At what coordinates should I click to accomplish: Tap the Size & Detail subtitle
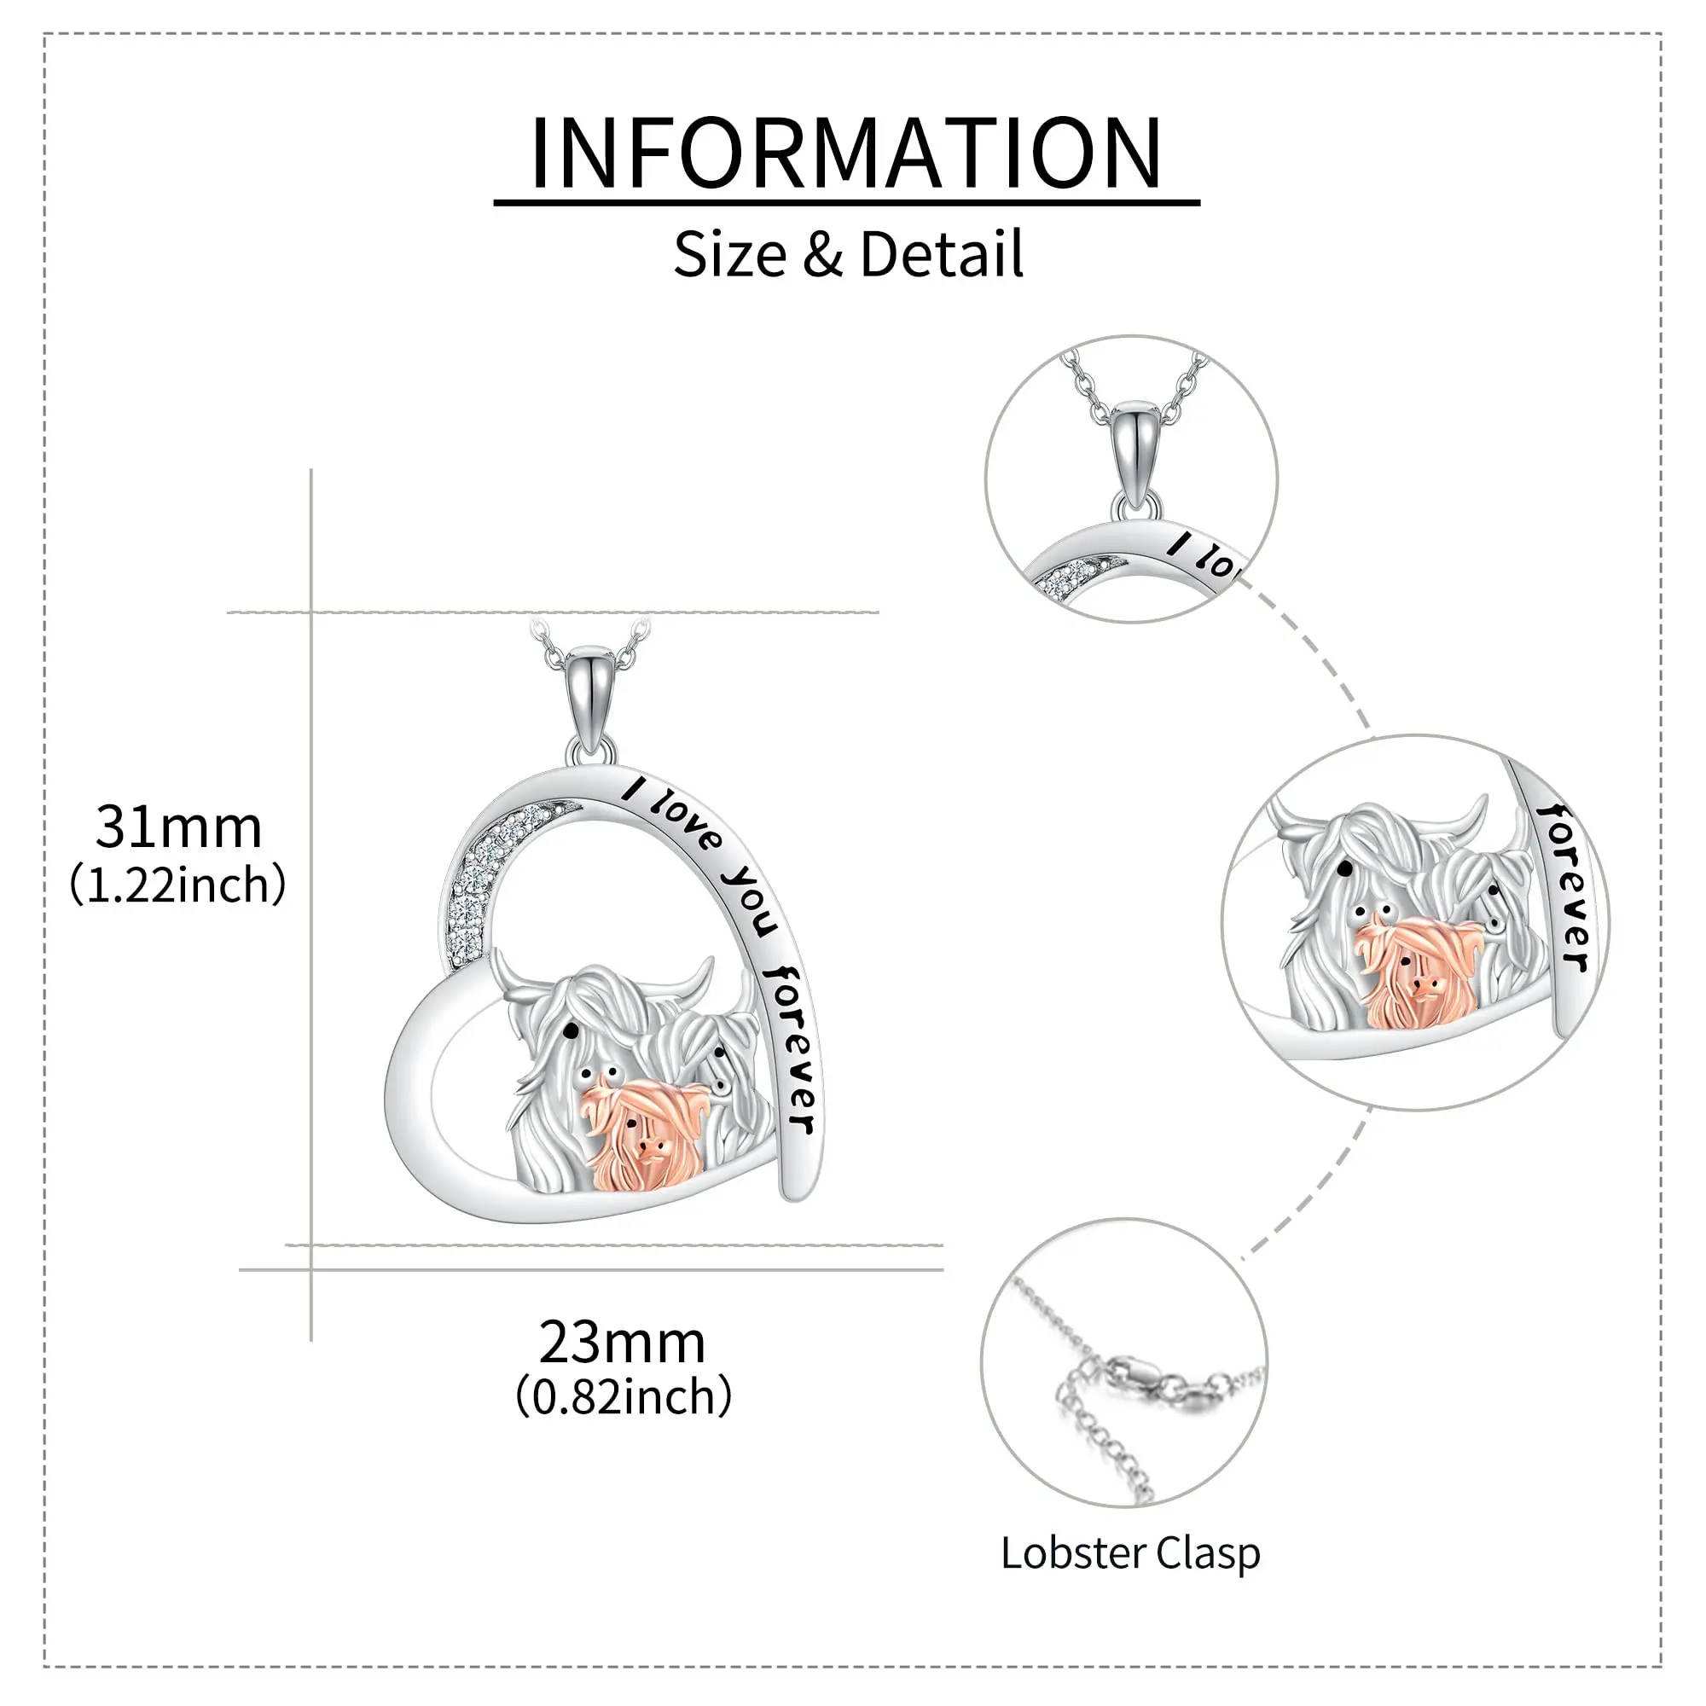(x=848, y=254)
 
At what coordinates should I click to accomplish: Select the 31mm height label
(x=178, y=827)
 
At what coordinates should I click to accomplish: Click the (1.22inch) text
(x=178, y=885)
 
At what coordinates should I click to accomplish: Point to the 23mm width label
(x=623, y=1342)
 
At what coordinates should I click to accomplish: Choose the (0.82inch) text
(x=624, y=1397)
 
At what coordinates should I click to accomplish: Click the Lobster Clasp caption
(x=1130, y=1552)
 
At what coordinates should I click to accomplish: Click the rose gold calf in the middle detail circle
(x=1409, y=972)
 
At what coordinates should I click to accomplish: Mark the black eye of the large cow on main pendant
(x=571, y=1030)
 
